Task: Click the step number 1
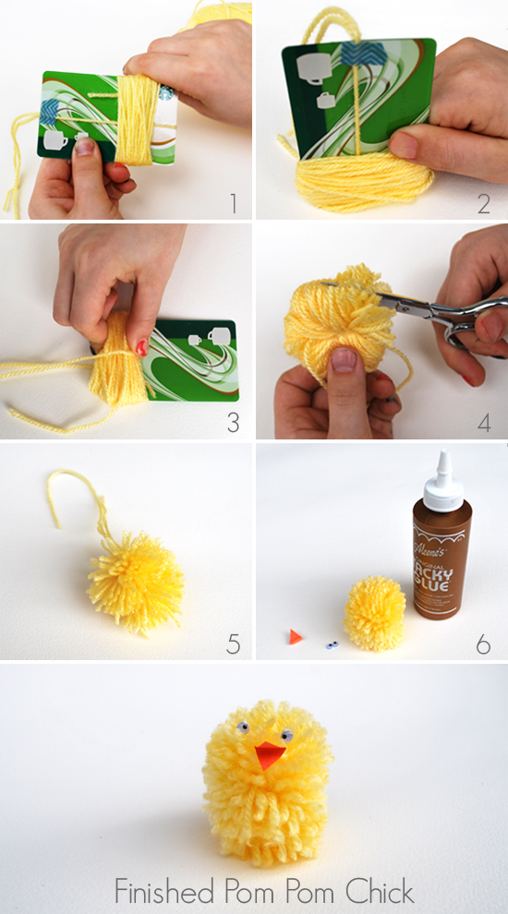pos(234,203)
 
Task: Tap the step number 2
pos(483,203)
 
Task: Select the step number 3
pos(234,423)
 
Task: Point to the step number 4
pos(484,423)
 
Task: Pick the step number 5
pos(234,643)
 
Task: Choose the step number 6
pos(483,643)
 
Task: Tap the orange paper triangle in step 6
pos(296,636)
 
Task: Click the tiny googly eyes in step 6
pos(333,645)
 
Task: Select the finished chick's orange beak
pos(269,754)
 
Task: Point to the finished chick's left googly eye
pos(243,727)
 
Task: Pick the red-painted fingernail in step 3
pos(141,348)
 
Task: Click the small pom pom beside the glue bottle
pos(374,613)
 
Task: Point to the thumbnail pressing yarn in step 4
pos(344,360)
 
